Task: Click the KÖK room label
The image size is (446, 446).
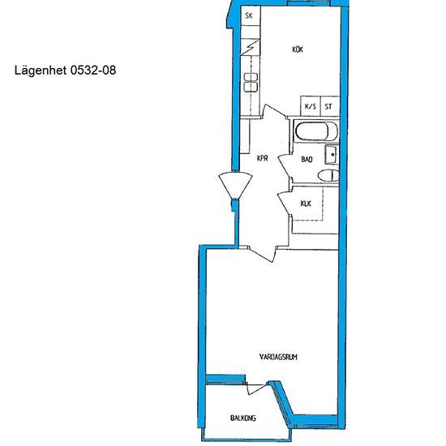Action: point(298,49)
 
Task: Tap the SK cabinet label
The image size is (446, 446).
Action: point(249,15)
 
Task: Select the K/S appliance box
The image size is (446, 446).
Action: point(311,106)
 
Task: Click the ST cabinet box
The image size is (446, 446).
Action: point(330,106)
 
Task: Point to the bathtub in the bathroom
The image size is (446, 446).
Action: point(315,131)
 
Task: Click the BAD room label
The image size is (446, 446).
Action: point(307,159)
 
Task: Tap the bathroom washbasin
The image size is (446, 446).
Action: point(332,154)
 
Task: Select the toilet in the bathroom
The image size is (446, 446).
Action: point(328,175)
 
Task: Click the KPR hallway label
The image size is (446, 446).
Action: point(262,158)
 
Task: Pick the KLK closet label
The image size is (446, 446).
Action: point(306,204)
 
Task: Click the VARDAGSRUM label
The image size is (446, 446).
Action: point(278,357)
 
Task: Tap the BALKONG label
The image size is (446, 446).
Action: point(243,418)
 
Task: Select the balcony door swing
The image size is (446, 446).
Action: point(256,388)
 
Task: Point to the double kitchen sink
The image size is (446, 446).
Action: point(251,83)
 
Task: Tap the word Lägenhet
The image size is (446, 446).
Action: point(41,71)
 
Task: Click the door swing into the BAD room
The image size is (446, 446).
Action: point(285,168)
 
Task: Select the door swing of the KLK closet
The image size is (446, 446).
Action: point(285,204)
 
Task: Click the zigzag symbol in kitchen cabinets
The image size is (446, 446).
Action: point(251,47)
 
